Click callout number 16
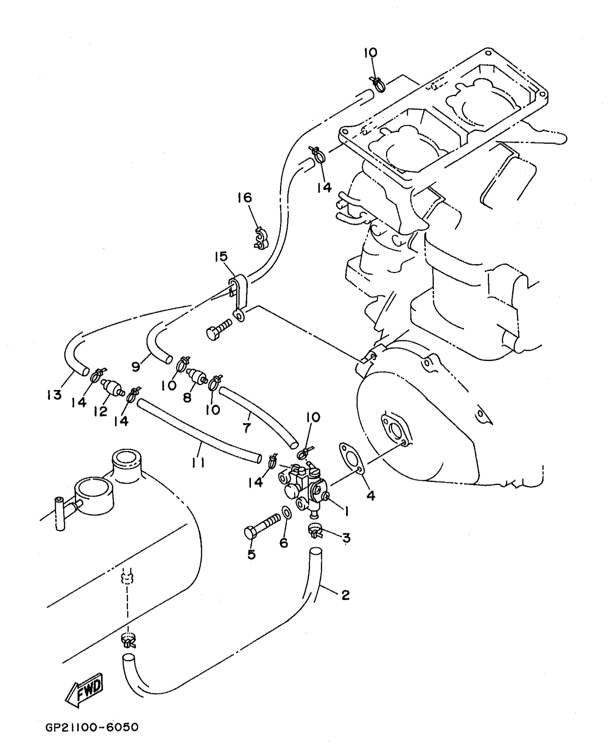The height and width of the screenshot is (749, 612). coord(245,198)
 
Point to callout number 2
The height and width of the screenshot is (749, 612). coord(345,595)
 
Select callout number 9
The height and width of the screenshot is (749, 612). coord(136,367)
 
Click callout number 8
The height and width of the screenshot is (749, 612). coord(187,398)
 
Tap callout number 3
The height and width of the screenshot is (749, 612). coord(346,538)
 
